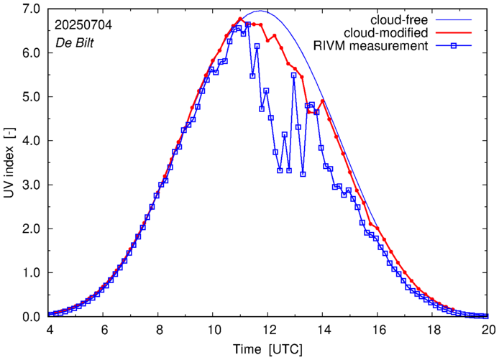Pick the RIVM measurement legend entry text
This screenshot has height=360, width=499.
pos(370,47)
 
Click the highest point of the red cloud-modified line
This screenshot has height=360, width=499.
pos(240,19)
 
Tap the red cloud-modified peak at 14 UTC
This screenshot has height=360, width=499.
pos(323,101)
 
